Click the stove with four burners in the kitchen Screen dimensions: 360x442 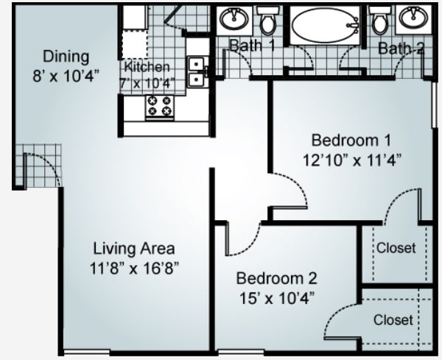160,107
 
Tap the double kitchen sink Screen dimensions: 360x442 197,72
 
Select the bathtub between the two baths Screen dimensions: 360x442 324,26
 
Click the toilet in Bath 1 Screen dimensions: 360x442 268,23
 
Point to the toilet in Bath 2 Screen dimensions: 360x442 380,23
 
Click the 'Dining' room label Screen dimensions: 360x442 66,56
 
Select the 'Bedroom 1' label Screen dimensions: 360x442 350,140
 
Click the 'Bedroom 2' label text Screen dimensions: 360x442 276,279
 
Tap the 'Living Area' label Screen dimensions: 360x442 133,248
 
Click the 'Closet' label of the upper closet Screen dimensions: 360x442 396,248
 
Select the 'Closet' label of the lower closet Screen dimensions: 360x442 393,320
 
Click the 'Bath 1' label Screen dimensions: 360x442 252,46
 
